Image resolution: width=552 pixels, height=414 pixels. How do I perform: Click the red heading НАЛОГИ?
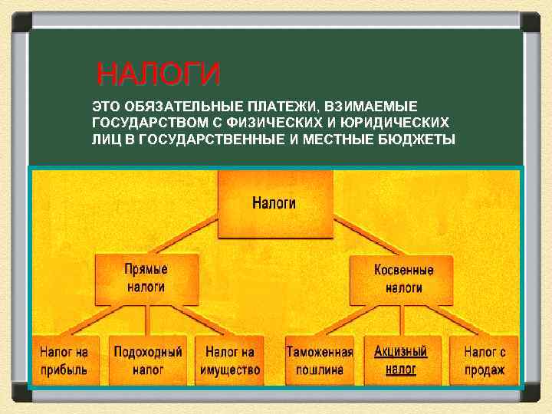(x=159, y=75)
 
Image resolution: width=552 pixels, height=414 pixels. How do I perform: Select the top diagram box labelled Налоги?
(x=274, y=204)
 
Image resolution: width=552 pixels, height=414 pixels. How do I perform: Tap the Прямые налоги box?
(x=146, y=279)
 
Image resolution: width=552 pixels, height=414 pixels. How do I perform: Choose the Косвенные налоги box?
(x=403, y=279)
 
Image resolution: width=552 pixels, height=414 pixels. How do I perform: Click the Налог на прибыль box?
(x=64, y=361)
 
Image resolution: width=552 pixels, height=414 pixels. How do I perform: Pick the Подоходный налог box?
(x=148, y=361)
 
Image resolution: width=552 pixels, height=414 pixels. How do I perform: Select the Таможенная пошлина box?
(x=319, y=361)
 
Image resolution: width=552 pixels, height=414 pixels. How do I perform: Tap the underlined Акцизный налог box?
(x=400, y=360)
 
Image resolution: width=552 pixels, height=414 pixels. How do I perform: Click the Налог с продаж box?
(x=485, y=361)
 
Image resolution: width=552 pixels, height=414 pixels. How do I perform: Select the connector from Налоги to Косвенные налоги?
(x=366, y=235)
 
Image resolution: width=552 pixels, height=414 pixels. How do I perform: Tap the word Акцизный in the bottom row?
(x=400, y=352)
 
